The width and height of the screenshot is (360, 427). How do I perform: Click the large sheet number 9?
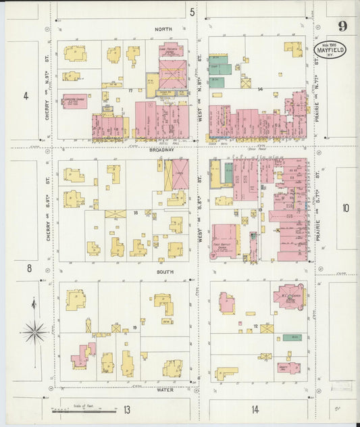point(343,26)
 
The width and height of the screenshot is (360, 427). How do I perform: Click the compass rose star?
point(34,331)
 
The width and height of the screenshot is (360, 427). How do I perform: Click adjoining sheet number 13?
point(127,409)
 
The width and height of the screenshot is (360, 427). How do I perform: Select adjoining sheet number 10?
point(345,208)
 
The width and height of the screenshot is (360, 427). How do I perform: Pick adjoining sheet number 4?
point(26,96)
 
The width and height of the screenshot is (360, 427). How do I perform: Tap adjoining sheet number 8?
point(29,268)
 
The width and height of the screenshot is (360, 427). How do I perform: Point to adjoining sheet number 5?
point(192,11)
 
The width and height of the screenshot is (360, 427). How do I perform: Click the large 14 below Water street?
point(255,409)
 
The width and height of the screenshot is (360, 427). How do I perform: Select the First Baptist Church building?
point(225,241)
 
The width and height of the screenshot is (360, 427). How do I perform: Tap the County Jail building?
point(289,368)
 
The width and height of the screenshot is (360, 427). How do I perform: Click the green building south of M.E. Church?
point(292,336)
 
